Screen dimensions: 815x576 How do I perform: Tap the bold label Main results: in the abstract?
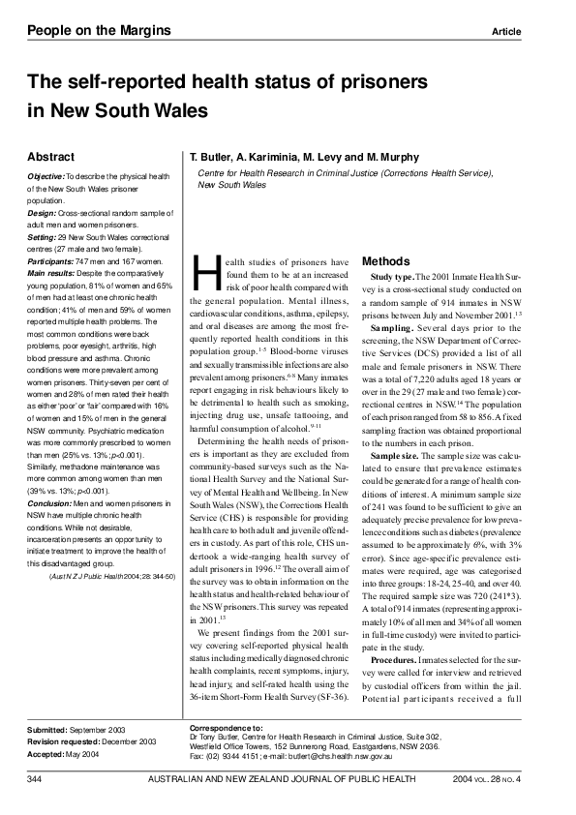(x=54, y=271)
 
